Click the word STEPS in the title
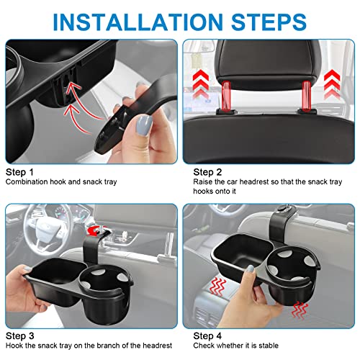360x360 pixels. point(270,19)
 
